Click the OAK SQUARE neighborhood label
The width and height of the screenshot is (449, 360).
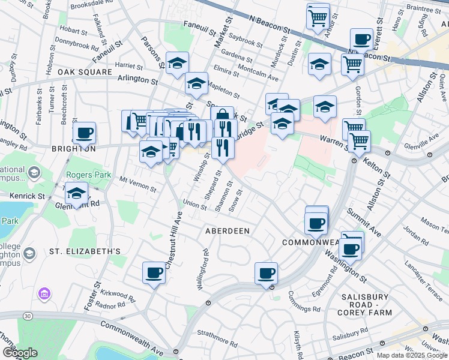coord(85,72)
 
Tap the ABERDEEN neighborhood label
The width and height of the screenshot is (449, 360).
coord(227,230)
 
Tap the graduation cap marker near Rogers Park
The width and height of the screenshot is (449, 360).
coord(77,194)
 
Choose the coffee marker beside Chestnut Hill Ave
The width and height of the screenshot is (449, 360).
coord(154,273)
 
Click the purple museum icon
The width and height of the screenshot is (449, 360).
coord(43,294)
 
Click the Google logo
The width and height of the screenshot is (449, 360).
coord(20,353)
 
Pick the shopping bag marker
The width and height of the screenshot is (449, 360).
coord(222,116)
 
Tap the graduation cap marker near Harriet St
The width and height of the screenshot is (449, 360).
coord(178,63)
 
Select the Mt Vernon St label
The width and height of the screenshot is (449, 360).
coord(138,183)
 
